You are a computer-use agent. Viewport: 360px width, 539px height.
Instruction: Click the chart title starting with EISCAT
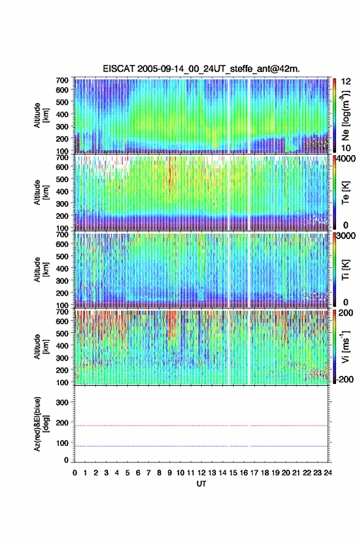pyautogui.click(x=201, y=69)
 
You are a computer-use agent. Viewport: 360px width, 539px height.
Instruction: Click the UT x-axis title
pyautogui.click(x=201, y=484)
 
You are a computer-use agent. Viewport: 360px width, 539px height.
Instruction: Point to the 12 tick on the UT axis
pyautogui.click(x=202, y=473)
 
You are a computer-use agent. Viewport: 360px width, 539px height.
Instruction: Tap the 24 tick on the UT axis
pyautogui.click(x=327, y=473)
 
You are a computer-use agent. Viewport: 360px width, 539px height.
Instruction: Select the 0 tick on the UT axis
pyautogui.click(x=75, y=473)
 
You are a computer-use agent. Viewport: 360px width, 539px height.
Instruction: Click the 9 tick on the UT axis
pyautogui.click(x=169, y=473)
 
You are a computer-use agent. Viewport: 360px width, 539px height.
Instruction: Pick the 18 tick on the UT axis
pyautogui.click(x=265, y=473)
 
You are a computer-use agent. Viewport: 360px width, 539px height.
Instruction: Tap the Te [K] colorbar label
pyautogui.click(x=345, y=193)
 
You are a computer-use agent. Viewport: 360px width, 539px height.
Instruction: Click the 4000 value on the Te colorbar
pyautogui.click(x=347, y=159)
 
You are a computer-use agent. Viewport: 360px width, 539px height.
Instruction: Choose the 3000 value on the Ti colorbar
pyautogui.click(x=347, y=236)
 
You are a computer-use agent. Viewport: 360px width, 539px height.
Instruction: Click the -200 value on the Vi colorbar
pyautogui.click(x=344, y=380)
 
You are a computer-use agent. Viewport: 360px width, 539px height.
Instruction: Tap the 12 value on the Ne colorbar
pyautogui.click(x=346, y=82)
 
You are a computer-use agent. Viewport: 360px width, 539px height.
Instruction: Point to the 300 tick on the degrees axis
pyautogui.click(x=62, y=402)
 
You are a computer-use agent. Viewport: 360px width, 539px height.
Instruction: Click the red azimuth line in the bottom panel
pyautogui.click(x=201, y=426)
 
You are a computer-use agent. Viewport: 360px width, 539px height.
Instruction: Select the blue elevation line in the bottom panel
pyautogui.click(x=201, y=446)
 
